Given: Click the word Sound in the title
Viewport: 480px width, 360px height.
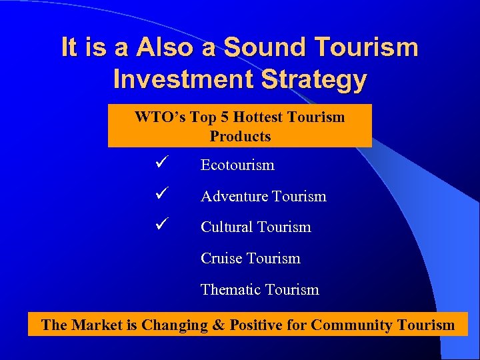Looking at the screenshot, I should [265, 48].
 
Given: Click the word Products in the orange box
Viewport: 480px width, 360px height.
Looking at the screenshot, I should [240, 137].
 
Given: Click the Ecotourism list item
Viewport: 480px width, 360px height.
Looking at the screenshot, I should [237, 165].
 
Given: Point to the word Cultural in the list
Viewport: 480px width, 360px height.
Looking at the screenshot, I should [227, 227].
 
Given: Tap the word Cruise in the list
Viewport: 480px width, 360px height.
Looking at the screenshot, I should [222, 259].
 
